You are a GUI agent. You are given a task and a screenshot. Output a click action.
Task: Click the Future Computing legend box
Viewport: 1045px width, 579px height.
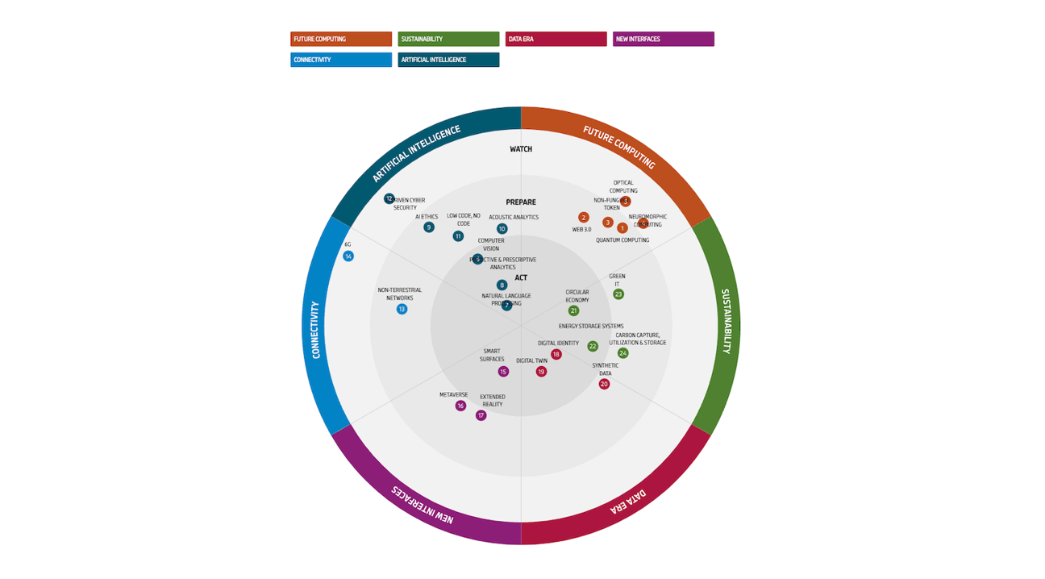pyautogui.click(x=341, y=39)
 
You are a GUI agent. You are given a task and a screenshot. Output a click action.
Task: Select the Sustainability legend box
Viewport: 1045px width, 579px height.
pyautogui.click(x=448, y=39)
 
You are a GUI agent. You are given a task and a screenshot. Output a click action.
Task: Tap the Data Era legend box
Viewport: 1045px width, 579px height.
pyautogui.click(x=556, y=39)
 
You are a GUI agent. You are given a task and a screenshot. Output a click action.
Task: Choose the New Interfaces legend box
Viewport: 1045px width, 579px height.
pyautogui.click(x=663, y=39)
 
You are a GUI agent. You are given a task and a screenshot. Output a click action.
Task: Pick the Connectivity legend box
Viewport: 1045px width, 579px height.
pyautogui.click(x=341, y=60)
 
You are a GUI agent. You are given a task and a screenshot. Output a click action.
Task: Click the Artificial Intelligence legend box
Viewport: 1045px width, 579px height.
pyautogui.click(x=448, y=60)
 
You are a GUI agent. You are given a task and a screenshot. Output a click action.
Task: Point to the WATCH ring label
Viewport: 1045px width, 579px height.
pyautogui.click(x=521, y=149)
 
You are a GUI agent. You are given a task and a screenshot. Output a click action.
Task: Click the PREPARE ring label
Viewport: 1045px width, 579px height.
pyautogui.click(x=521, y=202)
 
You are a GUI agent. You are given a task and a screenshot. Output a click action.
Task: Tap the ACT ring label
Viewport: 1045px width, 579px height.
pyautogui.click(x=521, y=278)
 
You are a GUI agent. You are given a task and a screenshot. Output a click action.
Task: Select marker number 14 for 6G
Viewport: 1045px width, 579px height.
pyautogui.click(x=348, y=256)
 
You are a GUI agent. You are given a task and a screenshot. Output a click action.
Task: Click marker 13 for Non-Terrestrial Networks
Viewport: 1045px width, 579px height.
pyautogui.click(x=402, y=309)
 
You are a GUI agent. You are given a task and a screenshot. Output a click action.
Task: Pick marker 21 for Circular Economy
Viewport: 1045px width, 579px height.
pyautogui.click(x=573, y=310)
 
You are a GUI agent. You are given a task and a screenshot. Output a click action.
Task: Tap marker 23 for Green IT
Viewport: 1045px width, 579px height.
pyautogui.click(x=618, y=294)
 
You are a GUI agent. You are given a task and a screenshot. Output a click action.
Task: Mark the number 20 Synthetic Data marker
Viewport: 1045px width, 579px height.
pyautogui.click(x=604, y=384)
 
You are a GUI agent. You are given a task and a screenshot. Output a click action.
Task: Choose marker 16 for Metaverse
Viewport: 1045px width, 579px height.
pyautogui.click(x=460, y=406)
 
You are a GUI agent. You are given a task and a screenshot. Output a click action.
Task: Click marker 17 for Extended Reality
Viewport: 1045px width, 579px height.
pyautogui.click(x=481, y=415)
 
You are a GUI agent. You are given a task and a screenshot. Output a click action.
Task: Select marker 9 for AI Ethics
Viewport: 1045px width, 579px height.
pyautogui.click(x=429, y=227)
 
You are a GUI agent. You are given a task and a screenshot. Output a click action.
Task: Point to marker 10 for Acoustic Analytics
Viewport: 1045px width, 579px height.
pyautogui.click(x=502, y=229)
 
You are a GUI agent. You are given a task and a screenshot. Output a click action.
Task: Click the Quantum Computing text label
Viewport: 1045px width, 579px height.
pyautogui.click(x=622, y=240)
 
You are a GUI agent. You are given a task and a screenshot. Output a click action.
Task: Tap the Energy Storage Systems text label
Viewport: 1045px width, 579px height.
pyautogui.click(x=591, y=327)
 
